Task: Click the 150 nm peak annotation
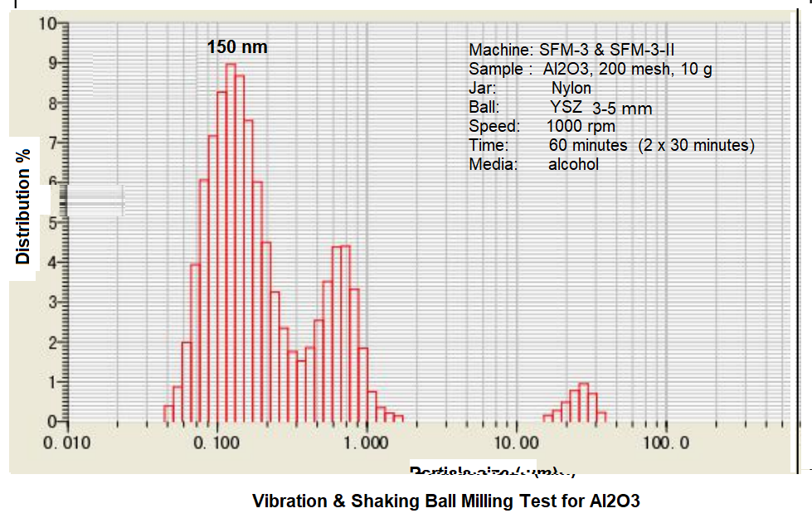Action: [237, 47]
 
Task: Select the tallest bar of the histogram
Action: [231, 240]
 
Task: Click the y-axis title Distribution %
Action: [23, 206]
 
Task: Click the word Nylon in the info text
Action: [571, 88]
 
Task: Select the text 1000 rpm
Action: [581, 126]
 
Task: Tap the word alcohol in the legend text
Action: [573, 164]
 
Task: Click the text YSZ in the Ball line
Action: [566, 107]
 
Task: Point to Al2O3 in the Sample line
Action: [566, 70]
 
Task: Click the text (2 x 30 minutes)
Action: [697, 145]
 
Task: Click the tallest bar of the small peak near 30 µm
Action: [584, 403]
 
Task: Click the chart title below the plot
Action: [446, 501]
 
